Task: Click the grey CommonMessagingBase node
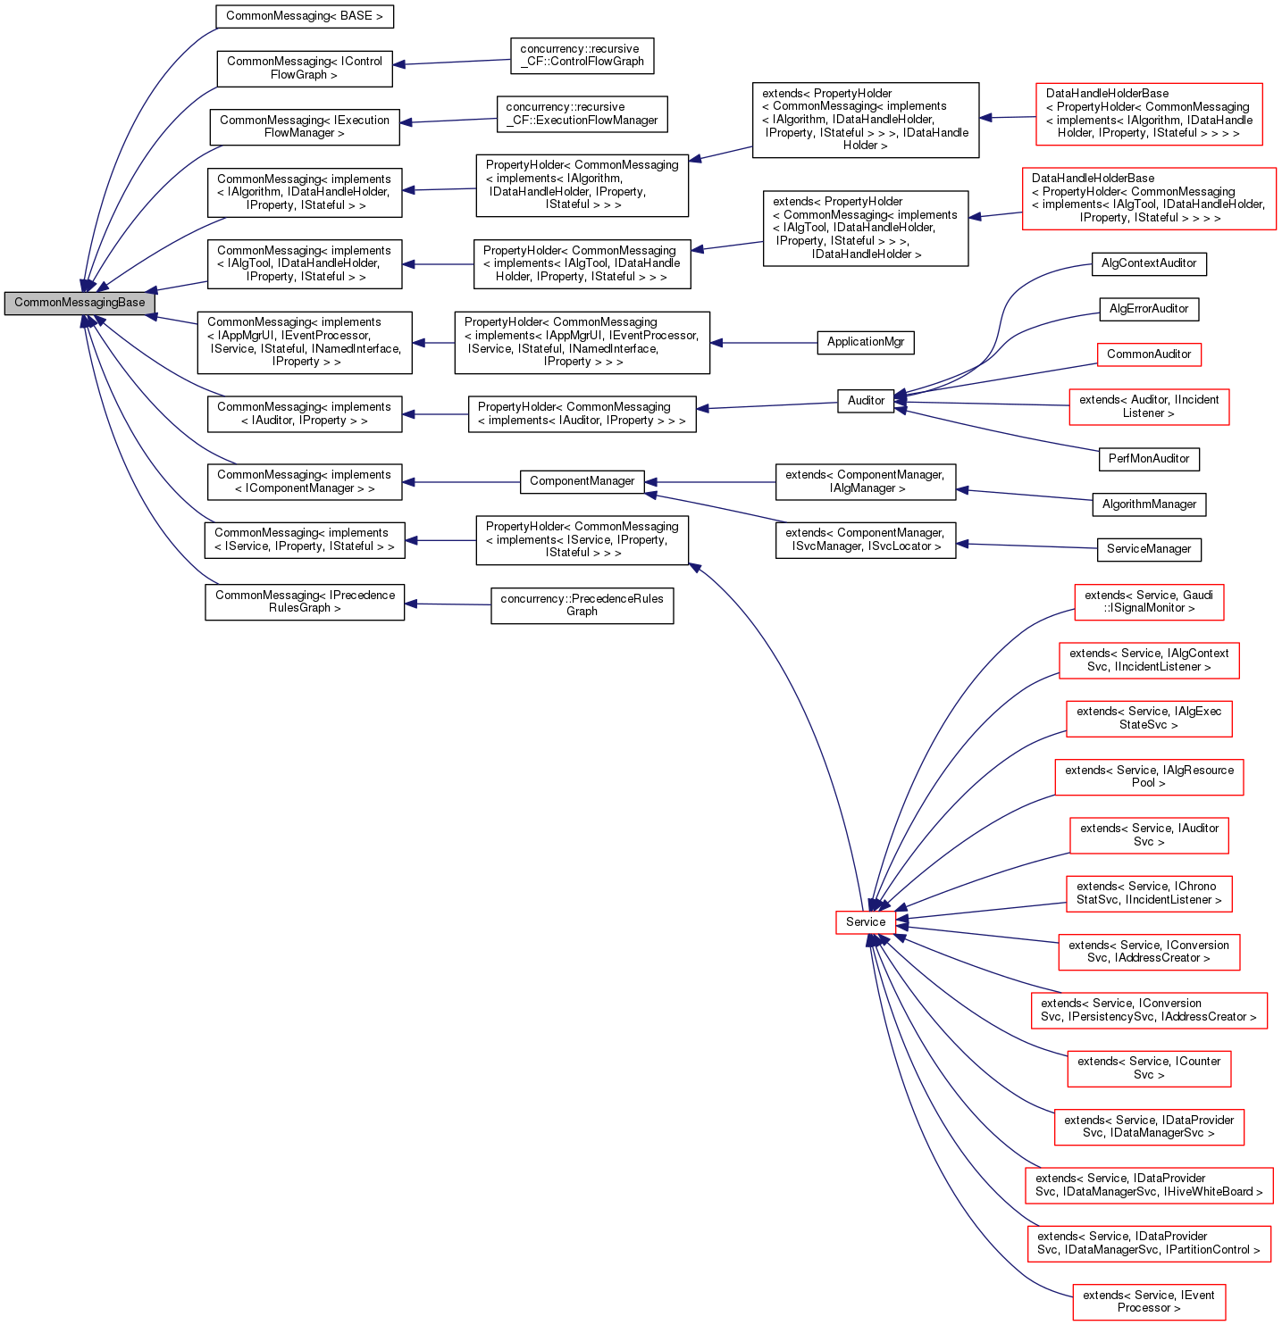pos(79,303)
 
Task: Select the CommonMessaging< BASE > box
pos(304,16)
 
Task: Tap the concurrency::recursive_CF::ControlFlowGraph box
pos(582,55)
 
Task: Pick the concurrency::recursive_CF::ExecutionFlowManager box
pos(582,113)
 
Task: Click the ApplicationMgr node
pos(865,342)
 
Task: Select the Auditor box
pos(865,401)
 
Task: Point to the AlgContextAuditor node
pos(1148,263)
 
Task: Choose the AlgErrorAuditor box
pos(1148,309)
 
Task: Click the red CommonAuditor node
pos(1148,354)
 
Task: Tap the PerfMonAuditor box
pos(1148,459)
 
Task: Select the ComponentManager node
pos(582,481)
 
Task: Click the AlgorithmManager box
pos(1148,504)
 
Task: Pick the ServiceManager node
pos(1148,549)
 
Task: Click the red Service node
pos(865,922)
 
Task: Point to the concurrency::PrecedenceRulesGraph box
pos(582,605)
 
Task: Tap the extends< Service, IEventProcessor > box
pos(1148,1302)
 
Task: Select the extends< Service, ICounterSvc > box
pos(1148,1068)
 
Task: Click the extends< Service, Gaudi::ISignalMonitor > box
pos(1148,602)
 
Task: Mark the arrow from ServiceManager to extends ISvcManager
pos(1027,546)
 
